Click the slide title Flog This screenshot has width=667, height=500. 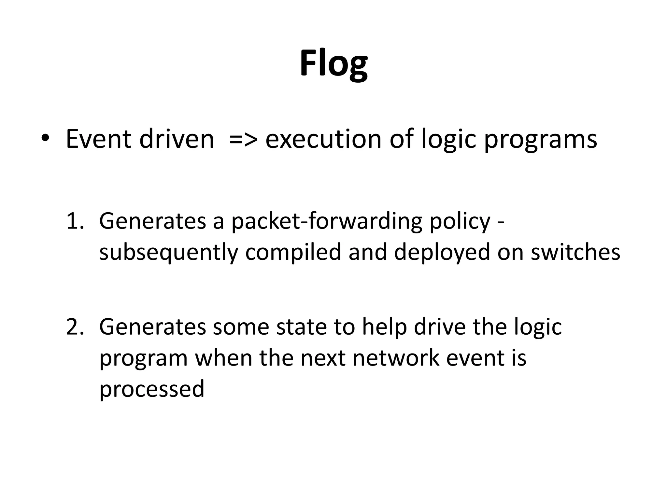(x=333, y=63)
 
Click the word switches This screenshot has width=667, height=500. (x=575, y=253)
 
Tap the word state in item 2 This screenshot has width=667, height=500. (x=301, y=327)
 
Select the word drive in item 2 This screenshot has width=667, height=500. (x=440, y=327)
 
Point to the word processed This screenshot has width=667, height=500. (x=152, y=389)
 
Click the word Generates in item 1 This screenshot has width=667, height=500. (x=152, y=221)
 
